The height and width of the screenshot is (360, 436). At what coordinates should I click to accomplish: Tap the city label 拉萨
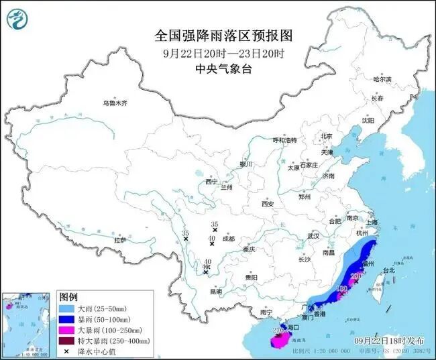tap(120, 239)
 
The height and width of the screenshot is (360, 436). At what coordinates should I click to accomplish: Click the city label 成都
tap(228, 238)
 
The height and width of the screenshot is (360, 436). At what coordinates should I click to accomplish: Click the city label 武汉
tap(313, 236)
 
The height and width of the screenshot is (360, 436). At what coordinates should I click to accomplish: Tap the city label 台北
tap(389, 271)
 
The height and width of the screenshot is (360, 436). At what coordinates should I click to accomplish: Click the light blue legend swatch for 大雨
tap(67, 308)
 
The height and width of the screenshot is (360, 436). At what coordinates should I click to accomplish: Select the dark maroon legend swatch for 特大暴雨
tap(67, 341)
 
